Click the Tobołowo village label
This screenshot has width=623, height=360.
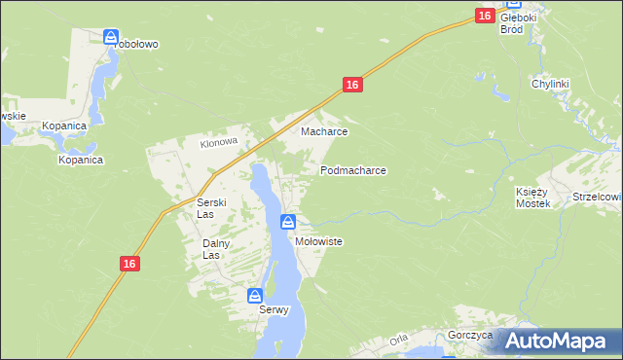pos(136,45)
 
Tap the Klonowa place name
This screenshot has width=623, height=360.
pos(219,142)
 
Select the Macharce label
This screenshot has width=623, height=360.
pos(324,131)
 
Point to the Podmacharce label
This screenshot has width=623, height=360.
pos(353,170)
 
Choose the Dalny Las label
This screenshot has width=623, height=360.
pos(214,249)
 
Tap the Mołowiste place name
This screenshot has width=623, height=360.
pos(318,241)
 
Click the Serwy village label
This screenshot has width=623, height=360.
pos(275,310)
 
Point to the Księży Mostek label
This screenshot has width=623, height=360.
pos(532,198)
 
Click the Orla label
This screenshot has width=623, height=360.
pos(398,341)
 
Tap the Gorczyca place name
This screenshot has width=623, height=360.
pos(471,335)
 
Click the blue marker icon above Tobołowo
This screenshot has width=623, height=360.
pos(111,37)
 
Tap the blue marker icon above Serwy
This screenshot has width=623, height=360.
pos(255,296)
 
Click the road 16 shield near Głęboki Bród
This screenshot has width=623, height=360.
pos(485,16)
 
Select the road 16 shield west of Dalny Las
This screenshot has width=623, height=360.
pos(130,264)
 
